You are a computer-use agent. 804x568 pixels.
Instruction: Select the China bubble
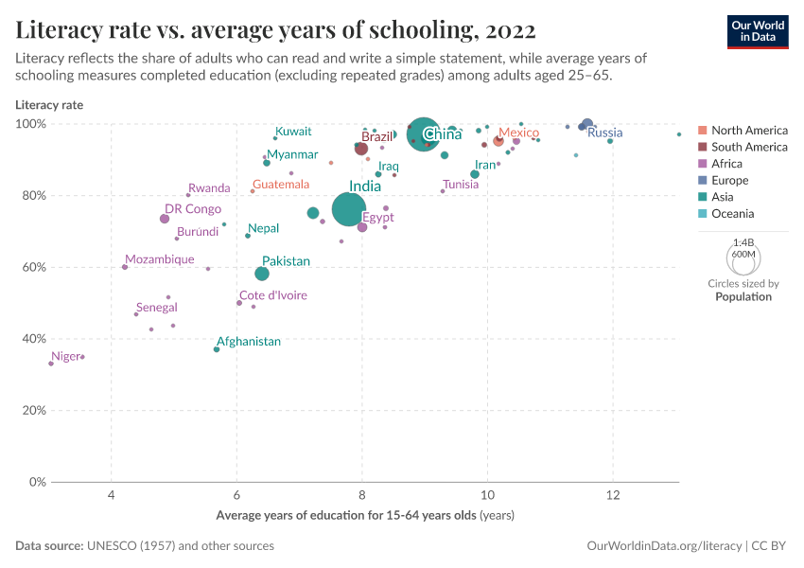pos(423,134)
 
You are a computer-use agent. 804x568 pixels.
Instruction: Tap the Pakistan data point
pos(262,274)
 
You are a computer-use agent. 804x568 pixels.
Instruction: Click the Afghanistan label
pos(249,341)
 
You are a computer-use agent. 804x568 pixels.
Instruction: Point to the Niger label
pos(66,356)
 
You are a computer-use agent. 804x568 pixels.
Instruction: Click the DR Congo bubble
pos(165,219)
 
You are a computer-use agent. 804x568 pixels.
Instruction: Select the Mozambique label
pos(160,259)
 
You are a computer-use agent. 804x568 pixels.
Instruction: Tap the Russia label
pos(604,133)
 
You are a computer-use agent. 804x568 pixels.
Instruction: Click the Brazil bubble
pos(361,149)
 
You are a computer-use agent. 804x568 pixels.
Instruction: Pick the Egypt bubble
pos(362,227)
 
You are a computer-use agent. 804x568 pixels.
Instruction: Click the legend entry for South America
pos(749,147)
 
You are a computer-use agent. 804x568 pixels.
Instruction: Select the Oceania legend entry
pos(732,214)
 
